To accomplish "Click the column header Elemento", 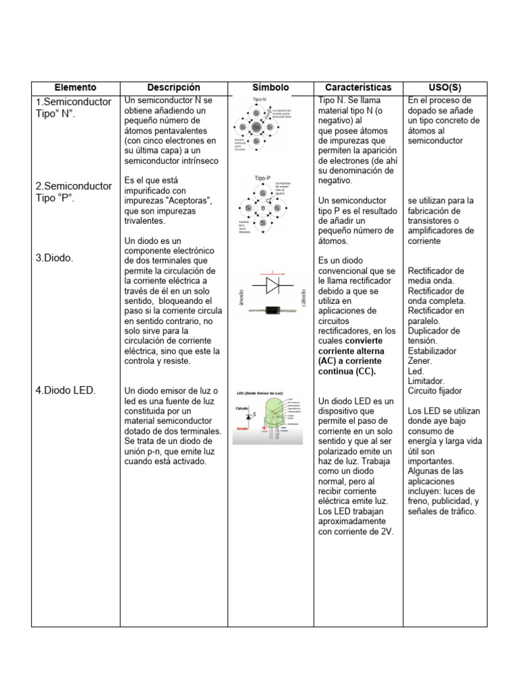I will [76, 88].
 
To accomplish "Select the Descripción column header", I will [173, 88].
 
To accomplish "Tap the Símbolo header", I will [270, 88].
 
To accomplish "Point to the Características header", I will [357, 88].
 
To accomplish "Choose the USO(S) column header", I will [444, 88].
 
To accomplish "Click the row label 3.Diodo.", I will [55, 257].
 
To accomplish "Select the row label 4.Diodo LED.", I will [65, 390].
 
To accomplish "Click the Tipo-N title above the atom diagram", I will [259, 100].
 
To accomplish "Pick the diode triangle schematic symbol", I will [272, 285].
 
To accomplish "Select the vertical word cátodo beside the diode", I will [304, 297].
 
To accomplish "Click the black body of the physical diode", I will [271, 310].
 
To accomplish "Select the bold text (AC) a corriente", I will [350, 361].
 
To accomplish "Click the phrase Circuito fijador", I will [435, 390].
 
